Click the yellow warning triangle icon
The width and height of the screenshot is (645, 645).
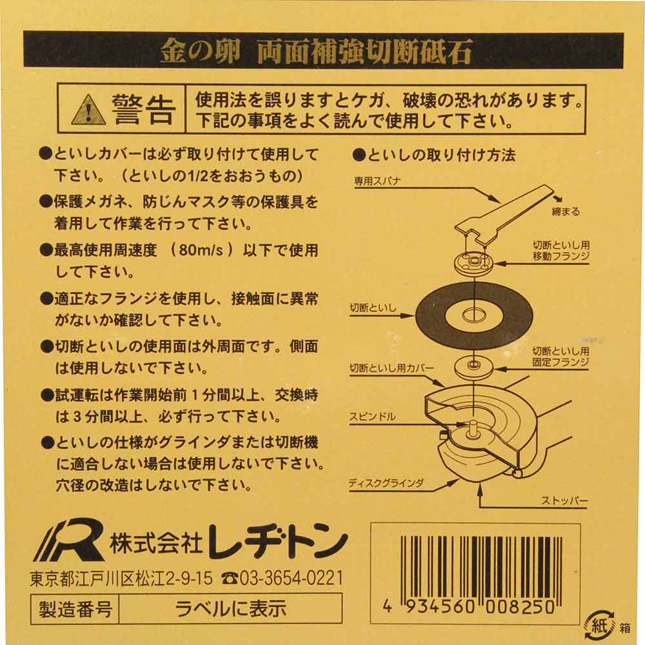click(x=88, y=110)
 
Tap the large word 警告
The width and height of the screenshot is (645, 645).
click(x=143, y=110)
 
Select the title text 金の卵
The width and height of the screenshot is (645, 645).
click(x=200, y=50)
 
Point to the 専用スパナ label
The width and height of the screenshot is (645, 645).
click(x=377, y=181)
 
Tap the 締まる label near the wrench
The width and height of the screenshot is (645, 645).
click(x=566, y=212)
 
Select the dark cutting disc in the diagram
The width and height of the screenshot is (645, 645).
click(x=474, y=315)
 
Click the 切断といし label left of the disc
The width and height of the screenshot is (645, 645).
click(x=373, y=308)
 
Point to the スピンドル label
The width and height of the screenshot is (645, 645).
click(x=372, y=417)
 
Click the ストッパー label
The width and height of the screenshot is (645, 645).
click(x=564, y=501)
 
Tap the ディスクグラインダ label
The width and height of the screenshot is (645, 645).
click(x=386, y=483)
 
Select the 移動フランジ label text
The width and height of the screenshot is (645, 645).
click(x=561, y=256)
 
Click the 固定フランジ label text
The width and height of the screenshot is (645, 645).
click(x=561, y=362)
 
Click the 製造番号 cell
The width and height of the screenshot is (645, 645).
click(x=75, y=609)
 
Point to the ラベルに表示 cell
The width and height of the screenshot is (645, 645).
click(x=230, y=609)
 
